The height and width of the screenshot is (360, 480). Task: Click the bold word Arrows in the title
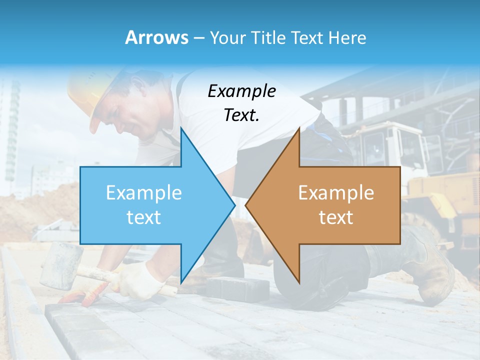(x=157, y=37)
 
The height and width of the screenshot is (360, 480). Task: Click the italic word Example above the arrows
(x=241, y=91)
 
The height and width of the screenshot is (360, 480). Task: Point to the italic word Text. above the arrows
(x=241, y=115)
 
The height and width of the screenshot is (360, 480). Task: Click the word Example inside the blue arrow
(x=144, y=192)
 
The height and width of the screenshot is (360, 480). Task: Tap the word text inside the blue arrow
(x=144, y=217)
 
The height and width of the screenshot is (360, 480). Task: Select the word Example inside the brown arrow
(x=336, y=192)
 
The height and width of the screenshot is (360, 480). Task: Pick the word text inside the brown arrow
(x=336, y=217)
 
